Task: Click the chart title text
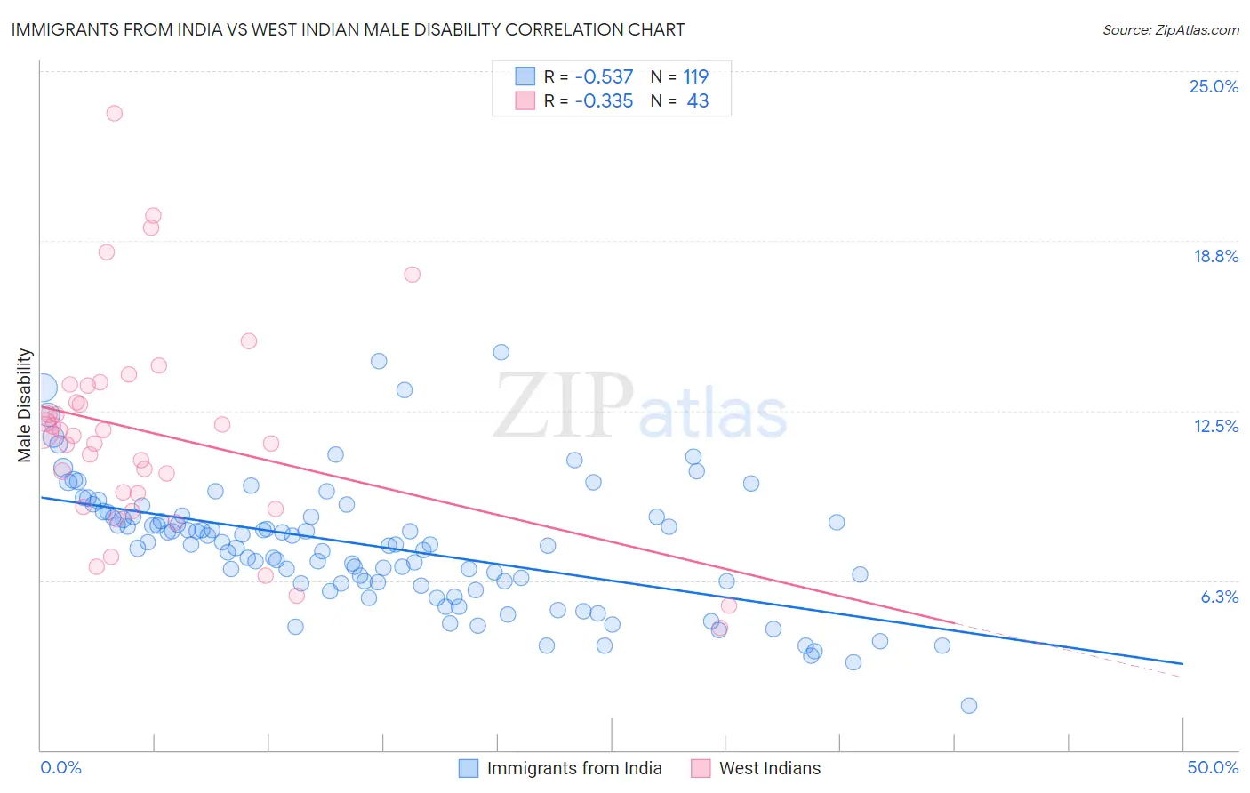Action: point(348,29)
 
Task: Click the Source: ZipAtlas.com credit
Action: point(1170,30)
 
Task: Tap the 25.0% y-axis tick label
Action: point(1214,86)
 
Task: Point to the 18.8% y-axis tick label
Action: point(1215,256)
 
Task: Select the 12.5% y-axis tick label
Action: point(1215,426)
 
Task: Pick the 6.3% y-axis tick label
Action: point(1219,597)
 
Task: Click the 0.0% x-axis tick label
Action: point(61,767)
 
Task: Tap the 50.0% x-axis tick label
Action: point(1213,767)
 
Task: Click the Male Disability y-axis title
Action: point(25,405)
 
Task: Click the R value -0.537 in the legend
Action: point(604,77)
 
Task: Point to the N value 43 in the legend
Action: point(698,101)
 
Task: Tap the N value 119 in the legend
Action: point(695,77)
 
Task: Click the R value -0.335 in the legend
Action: point(604,101)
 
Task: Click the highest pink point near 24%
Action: point(114,113)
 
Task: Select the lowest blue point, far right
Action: point(969,706)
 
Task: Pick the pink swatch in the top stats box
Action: point(525,100)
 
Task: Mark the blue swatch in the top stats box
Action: point(525,76)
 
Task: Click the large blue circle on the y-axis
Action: point(42,388)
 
